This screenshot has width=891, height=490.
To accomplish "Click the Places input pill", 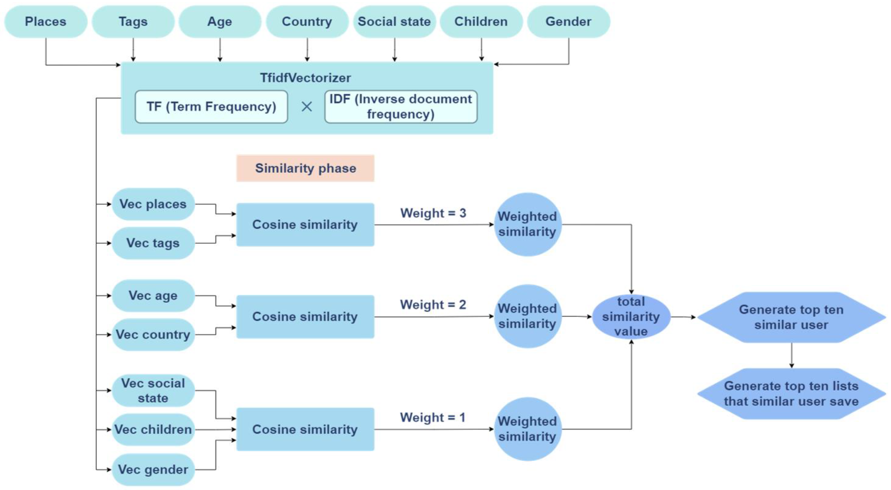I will pos(46,21).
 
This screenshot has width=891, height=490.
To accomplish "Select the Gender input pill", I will pos(568,21).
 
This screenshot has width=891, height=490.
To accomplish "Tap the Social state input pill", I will pos(394,21).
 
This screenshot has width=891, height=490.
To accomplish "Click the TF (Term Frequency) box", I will pos(211,107).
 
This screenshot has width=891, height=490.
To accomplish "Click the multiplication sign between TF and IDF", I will pos(306,107).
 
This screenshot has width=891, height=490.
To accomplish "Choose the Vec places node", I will pos(153,204).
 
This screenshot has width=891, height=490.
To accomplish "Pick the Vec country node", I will pos(153,334).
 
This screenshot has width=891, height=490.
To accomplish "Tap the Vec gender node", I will pos(153,470).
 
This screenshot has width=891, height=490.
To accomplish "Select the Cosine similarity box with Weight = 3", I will pos(305,225).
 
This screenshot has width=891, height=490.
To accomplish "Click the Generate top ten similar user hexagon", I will pos(791,317).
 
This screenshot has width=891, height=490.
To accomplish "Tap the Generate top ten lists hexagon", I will pos(791,394).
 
